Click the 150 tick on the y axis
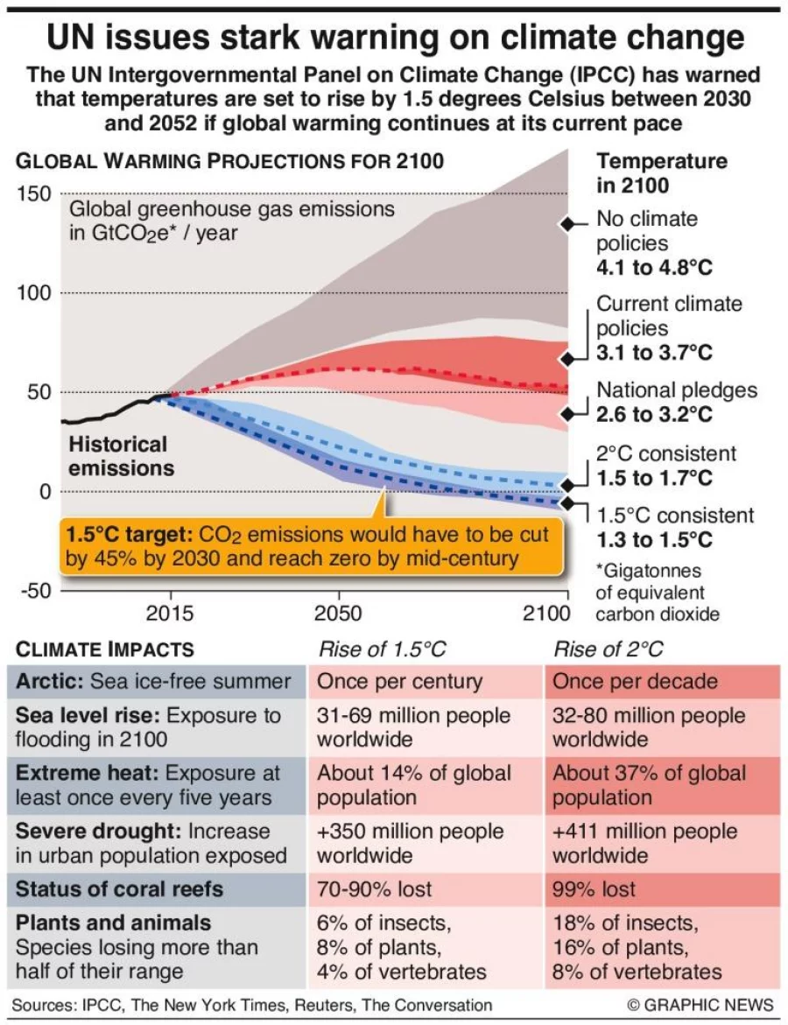[33, 193]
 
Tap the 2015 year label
[170, 613]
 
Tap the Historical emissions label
[117, 456]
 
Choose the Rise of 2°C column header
[608, 649]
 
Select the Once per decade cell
[635, 682]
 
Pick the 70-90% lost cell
[375, 889]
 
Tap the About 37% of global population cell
[649, 785]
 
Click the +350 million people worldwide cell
[410, 843]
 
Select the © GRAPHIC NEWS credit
[700, 1005]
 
